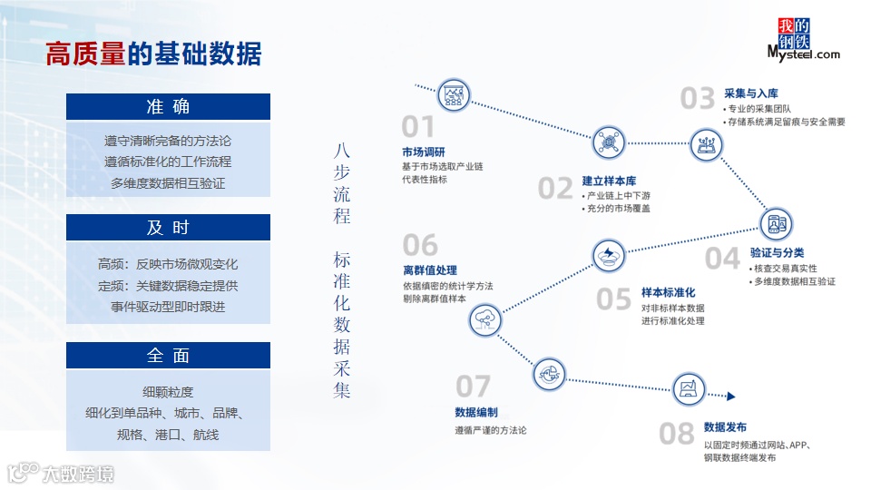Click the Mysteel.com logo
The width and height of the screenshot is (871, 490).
[803, 40]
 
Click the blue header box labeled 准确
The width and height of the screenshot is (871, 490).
[168, 106]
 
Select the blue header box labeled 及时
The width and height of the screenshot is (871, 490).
[168, 227]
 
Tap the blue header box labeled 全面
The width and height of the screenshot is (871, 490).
[168, 355]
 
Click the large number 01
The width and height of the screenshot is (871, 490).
[418, 127]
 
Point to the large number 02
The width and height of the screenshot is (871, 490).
[555, 188]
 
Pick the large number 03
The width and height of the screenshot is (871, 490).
[698, 98]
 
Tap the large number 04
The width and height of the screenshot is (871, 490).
[722, 259]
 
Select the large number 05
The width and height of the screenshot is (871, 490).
[613, 299]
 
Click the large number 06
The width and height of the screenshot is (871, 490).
[420, 245]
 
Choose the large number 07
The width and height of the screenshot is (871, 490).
[473, 387]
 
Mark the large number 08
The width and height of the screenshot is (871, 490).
[676, 434]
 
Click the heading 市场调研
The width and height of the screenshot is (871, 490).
[423, 152]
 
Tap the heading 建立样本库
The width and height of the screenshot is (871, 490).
[609, 181]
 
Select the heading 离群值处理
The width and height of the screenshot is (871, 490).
[430, 269]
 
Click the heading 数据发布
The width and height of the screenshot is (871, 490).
[725, 426]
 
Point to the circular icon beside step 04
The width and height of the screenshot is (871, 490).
[775, 222]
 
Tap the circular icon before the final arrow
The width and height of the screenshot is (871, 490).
[689, 389]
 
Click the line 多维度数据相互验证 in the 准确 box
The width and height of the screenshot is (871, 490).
[168, 182]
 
